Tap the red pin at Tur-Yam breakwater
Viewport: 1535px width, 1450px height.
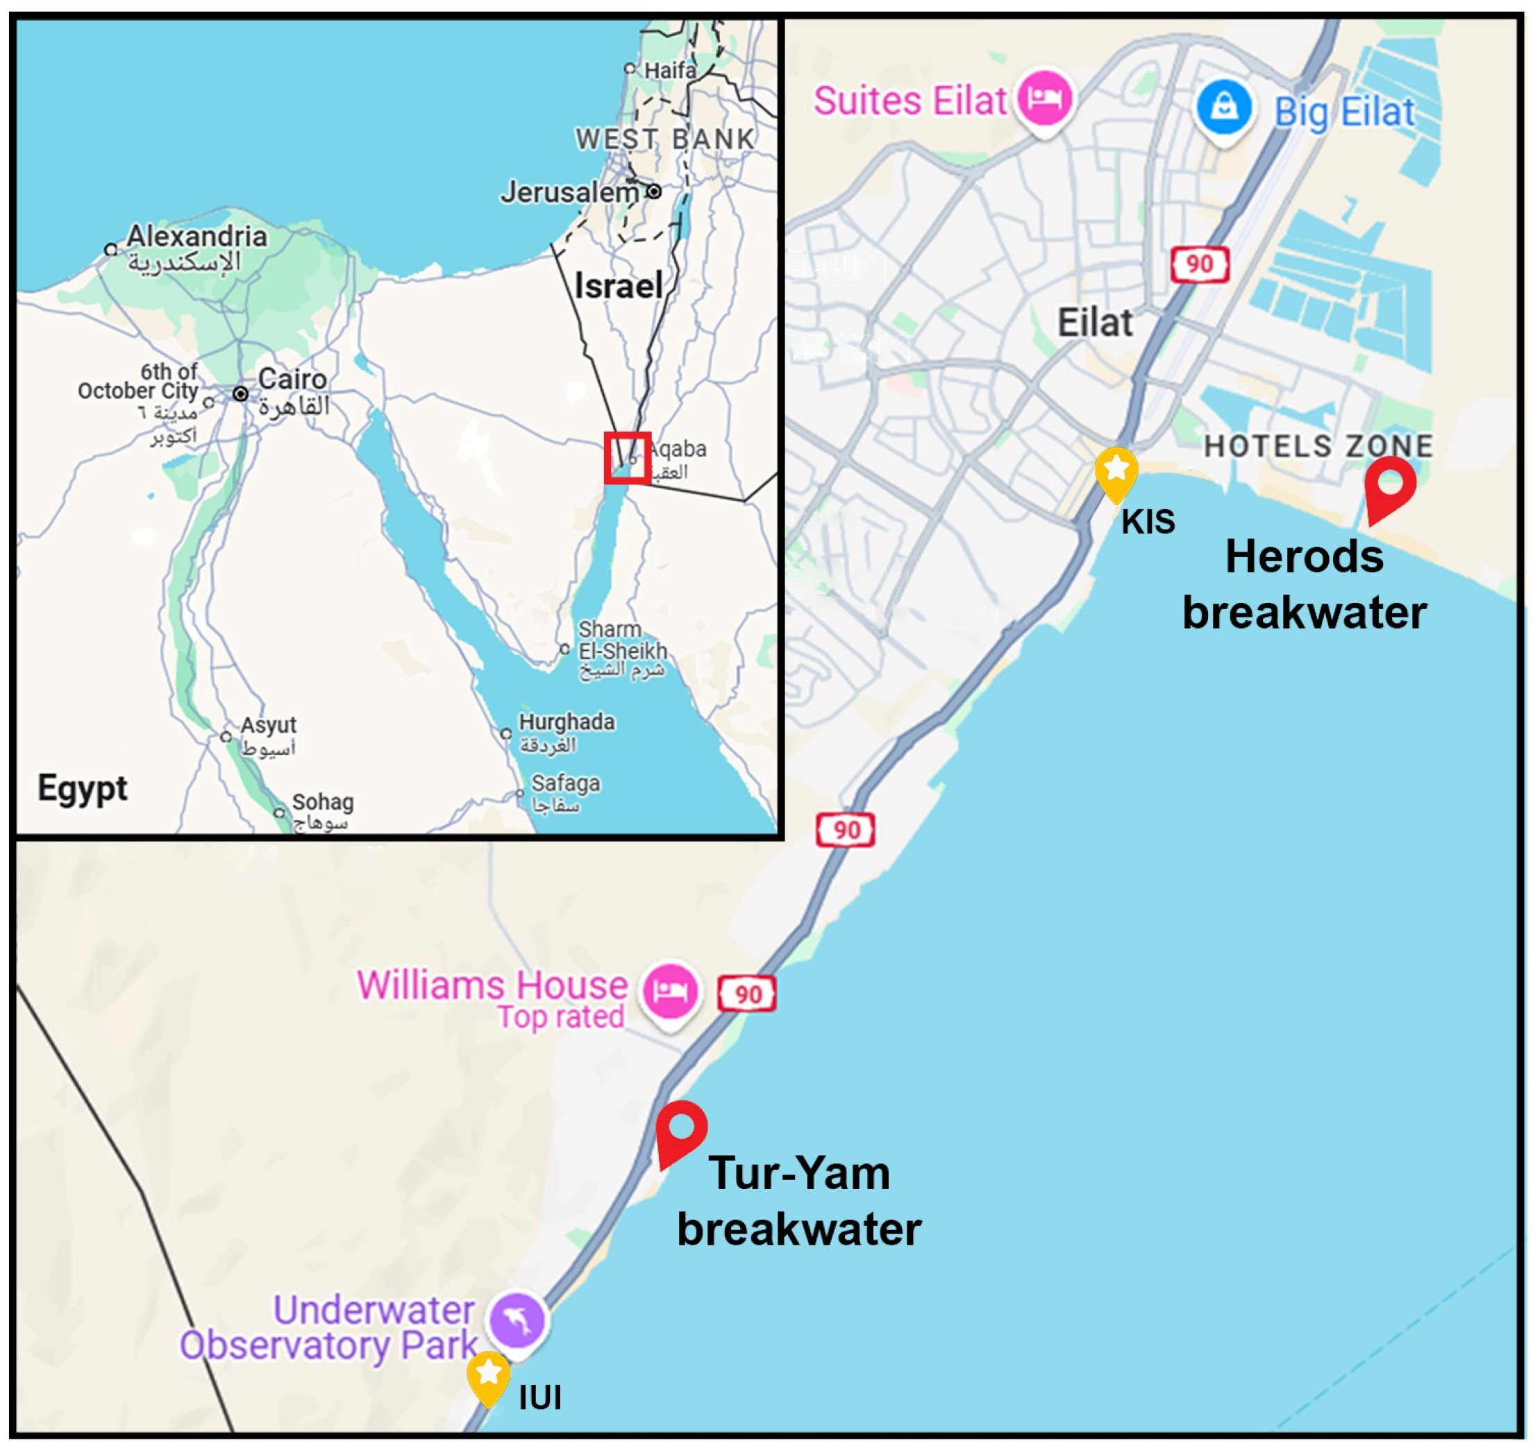point(680,1130)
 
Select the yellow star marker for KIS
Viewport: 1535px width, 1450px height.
point(1116,472)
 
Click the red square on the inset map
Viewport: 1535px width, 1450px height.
point(626,458)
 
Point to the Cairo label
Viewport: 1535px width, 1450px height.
point(292,379)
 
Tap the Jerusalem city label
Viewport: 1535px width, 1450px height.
point(569,191)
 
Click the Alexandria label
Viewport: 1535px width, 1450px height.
point(196,236)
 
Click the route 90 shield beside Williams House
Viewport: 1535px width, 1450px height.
point(747,994)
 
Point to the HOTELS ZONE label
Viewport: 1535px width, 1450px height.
point(1318,446)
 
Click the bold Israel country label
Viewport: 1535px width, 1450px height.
point(618,286)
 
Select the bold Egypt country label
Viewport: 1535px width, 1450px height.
point(83,788)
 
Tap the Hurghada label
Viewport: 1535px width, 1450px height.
point(566,722)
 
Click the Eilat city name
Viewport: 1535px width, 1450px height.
point(1094,323)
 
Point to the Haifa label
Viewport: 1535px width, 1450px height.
point(670,70)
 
